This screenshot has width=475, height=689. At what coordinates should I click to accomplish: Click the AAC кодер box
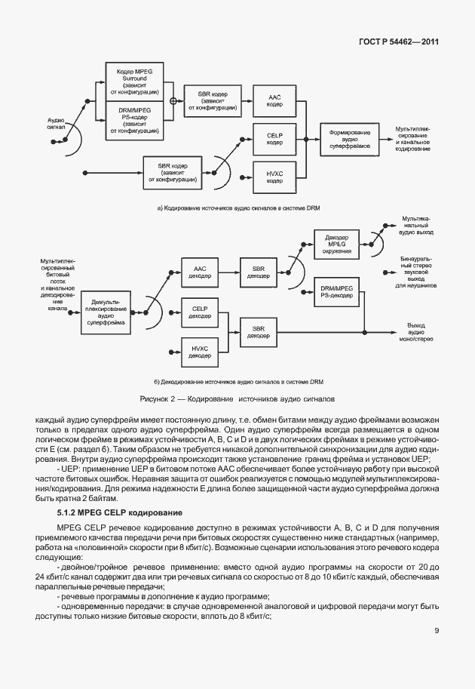[x=274, y=101]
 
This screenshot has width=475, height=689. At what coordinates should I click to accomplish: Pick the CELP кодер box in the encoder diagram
[x=274, y=139]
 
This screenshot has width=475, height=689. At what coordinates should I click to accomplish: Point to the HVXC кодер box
[x=274, y=177]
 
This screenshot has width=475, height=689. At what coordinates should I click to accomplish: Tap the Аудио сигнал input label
[x=57, y=124]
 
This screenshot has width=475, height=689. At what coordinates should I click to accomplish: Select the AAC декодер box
[x=200, y=271]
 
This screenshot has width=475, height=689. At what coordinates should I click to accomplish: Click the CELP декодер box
[x=200, y=312]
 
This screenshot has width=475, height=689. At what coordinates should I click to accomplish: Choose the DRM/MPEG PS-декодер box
[x=337, y=293]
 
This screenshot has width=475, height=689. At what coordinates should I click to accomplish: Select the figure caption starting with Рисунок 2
[x=237, y=398]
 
